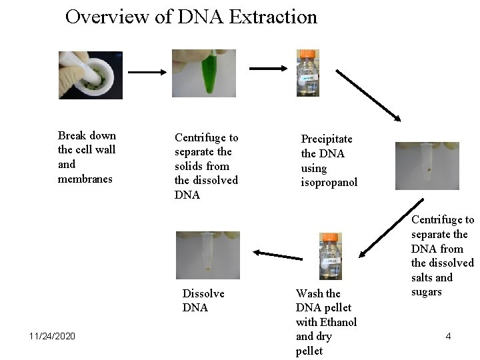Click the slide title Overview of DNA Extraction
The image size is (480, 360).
tap(191, 17)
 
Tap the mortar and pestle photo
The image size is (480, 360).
tap(90, 75)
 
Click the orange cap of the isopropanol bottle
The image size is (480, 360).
tap(307, 54)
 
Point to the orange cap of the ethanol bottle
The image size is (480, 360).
tap(330, 237)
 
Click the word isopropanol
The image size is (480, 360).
tap(329, 182)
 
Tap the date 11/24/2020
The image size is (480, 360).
tap(52, 335)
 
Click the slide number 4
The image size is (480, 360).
tap(448, 336)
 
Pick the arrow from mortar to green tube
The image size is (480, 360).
tap(147, 71)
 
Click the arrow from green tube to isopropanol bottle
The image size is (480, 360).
tap(267, 67)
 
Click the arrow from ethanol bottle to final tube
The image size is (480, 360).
tap(278, 254)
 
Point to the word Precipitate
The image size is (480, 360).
tap(327, 139)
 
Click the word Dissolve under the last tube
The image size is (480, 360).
tap(203, 293)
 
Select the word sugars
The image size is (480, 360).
tap(427, 292)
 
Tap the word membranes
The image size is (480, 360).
tap(85, 179)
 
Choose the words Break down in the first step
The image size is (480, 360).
tap(87, 135)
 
